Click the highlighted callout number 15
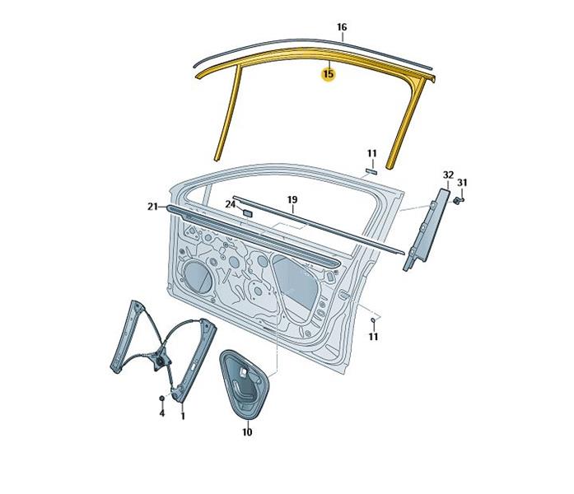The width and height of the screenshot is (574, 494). pos(329,74)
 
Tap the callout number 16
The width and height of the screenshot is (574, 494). pos(342,27)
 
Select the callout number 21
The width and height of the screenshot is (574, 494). pos(152,207)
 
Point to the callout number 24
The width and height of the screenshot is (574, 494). pos(230,204)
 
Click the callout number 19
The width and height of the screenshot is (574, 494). pos(292,200)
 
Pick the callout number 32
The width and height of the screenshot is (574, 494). pos(448,175)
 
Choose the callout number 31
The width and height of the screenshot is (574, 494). pos(462,182)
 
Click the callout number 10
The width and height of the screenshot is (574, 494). pos(247,432)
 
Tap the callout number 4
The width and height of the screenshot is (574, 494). pos(161,413)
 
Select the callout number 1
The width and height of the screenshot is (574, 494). pos(183,416)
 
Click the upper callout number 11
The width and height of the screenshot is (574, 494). pos(372,153)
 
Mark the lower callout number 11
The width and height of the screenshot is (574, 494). pos(373,336)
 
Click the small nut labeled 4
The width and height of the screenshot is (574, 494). pos(161,398)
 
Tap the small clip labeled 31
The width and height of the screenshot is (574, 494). pos(458,200)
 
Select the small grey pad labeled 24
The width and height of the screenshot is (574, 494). pos(247,213)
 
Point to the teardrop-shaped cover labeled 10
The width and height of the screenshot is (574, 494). pos(244,384)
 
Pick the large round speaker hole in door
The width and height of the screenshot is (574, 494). pos(198,277)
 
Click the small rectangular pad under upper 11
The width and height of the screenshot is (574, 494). pos(371,171)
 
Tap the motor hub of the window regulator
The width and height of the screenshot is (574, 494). pos(160,361)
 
